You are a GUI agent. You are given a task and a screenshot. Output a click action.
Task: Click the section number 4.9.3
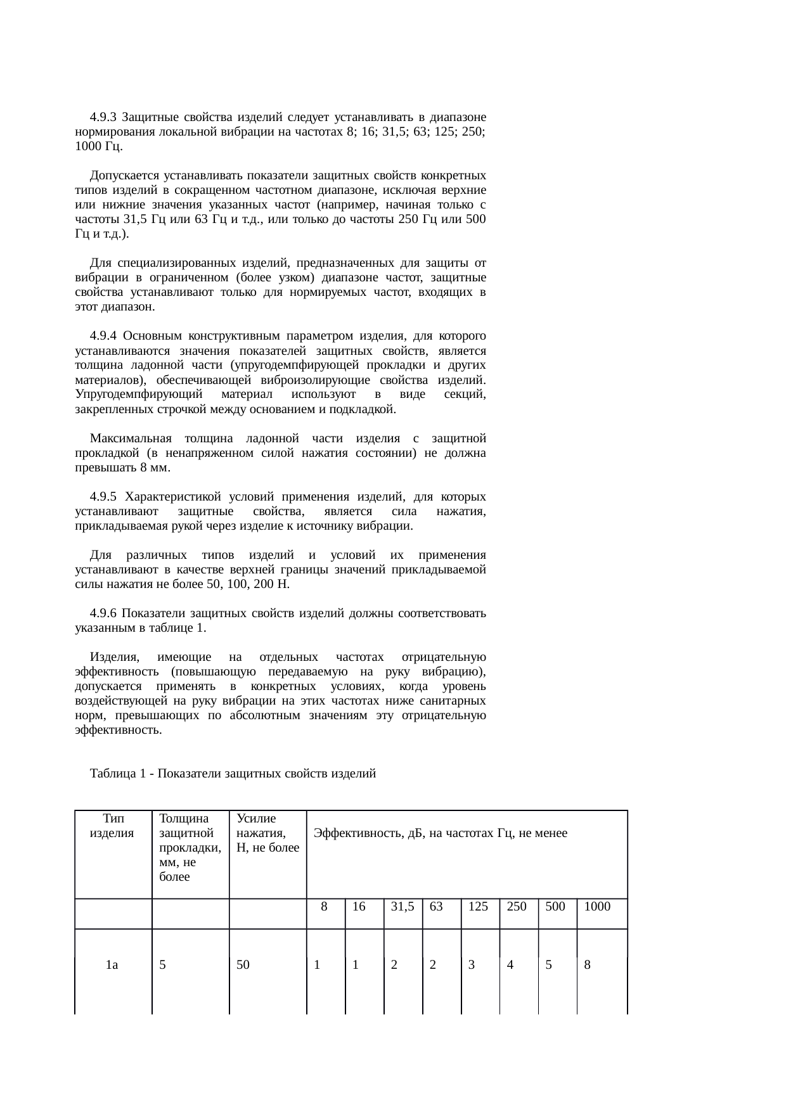pyautogui.click(x=103, y=117)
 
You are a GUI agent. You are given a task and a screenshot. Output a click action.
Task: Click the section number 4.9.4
pyautogui.click(x=103, y=335)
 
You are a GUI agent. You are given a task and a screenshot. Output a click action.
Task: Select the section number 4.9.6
pyautogui.click(x=103, y=613)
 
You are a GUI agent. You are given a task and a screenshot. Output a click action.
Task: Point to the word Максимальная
pyautogui.click(x=131, y=438)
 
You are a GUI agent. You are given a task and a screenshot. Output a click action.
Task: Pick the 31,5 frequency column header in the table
pyautogui.click(x=403, y=907)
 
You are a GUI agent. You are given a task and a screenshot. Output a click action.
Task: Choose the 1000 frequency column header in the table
pyautogui.click(x=597, y=907)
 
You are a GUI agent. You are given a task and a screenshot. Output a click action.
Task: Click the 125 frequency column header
pyautogui.click(x=478, y=907)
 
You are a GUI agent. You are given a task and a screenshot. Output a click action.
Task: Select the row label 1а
pyautogui.click(x=112, y=966)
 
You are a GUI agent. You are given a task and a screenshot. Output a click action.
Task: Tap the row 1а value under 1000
pyautogui.click(x=588, y=966)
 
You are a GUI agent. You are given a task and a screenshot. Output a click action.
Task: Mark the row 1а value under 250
pyautogui.click(x=510, y=966)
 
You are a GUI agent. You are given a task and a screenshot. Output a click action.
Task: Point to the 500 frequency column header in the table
pyautogui.click(x=555, y=907)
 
